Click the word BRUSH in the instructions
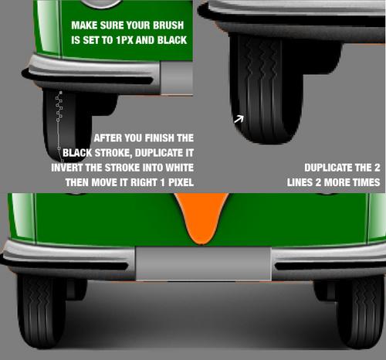[168, 25]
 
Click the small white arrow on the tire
[239, 119]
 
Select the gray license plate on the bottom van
[203, 263]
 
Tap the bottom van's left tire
[41, 311]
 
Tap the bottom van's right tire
[361, 311]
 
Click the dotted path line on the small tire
[59, 126]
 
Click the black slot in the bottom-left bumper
[68, 266]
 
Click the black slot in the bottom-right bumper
[330, 266]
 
